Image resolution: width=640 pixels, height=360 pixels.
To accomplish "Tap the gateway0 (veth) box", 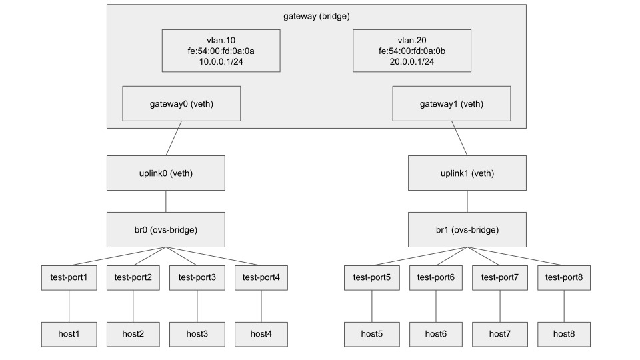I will (x=182, y=103).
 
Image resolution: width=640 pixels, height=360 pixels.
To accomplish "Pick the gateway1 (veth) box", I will (x=451, y=103).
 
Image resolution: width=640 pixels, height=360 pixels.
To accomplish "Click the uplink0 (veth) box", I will (x=165, y=173).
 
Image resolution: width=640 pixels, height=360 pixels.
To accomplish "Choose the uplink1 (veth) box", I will (x=467, y=173).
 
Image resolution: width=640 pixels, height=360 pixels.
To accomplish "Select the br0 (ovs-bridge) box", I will (x=165, y=229).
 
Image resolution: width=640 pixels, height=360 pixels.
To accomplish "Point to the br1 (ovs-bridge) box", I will (x=467, y=229).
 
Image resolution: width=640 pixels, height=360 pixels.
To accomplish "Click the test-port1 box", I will (x=69, y=277).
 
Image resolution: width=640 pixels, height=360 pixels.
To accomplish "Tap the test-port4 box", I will (x=261, y=277).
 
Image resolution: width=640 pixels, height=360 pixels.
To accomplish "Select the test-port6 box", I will (x=435, y=277).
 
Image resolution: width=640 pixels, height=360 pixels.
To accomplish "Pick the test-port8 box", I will (x=564, y=277).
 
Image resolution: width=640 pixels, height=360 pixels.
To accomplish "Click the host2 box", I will (x=133, y=333).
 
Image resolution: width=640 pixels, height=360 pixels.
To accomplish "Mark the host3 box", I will (x=197, y=333).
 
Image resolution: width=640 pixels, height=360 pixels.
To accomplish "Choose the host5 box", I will (x=371, y=333).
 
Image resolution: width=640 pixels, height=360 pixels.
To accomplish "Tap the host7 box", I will (x=499, y=333).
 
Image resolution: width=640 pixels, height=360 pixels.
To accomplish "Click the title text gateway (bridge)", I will (x=316, y=15).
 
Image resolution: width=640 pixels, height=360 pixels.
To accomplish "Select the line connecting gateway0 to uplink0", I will (x=173, y=139).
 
